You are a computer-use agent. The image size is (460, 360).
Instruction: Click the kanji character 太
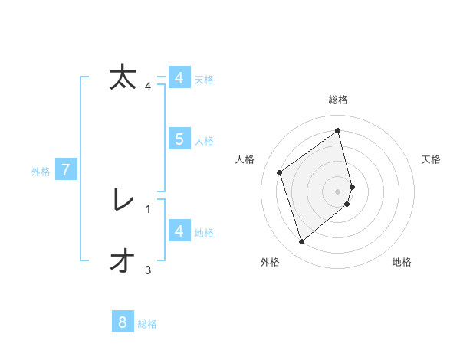[123, 77]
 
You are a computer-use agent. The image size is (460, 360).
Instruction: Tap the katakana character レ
[123, 201]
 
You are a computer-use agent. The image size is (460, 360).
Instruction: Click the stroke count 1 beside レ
[148, 208]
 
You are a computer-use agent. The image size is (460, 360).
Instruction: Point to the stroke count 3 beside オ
[148, 270]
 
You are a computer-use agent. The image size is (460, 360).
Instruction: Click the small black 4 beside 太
[148, 86]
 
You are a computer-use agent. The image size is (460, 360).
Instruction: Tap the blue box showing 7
[66, 170]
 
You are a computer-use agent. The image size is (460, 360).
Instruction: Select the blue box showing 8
[123, 322]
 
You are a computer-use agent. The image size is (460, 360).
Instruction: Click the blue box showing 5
[179, 139]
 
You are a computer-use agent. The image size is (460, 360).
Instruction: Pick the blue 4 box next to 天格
[179, 78]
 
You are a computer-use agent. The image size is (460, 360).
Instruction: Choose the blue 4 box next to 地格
[179, 231]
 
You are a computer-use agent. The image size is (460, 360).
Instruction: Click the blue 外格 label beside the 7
[41, 172]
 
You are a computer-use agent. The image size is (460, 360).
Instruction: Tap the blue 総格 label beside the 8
[147, 324]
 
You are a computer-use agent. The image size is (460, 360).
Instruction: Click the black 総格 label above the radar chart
[338, 100]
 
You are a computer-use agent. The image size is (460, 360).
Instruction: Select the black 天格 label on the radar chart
[431, 159]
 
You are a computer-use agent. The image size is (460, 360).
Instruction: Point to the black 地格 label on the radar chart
[402, 262]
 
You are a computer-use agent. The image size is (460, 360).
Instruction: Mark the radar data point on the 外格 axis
[301, 242]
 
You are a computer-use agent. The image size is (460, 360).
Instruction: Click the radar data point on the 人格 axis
[280, 172]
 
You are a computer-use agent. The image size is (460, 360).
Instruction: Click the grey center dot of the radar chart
[338, 191]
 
